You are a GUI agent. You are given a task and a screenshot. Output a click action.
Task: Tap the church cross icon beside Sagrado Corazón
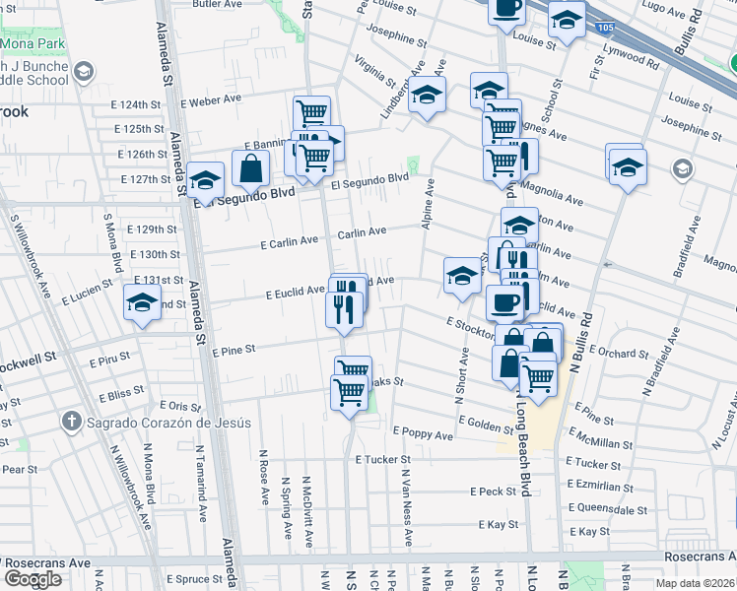click(71, 423)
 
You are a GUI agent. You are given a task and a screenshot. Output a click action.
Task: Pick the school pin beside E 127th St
click(205, 179)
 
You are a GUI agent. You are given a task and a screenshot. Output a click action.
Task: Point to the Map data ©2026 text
click(696, 582)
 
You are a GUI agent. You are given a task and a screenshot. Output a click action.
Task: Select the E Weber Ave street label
click(211, 100)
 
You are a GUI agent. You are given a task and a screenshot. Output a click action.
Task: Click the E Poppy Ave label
click(422, 432)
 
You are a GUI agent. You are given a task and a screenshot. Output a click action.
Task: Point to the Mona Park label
click(32, 44)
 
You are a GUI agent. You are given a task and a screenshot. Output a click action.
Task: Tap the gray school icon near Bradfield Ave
click(682, 170)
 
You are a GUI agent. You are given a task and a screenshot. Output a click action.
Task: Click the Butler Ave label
click(218, 4)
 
